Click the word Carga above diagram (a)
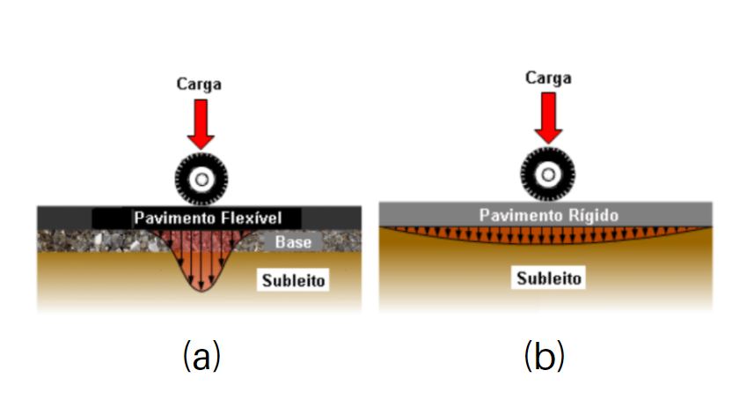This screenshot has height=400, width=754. coord(200,85)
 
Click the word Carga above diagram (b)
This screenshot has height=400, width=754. coord(547,78)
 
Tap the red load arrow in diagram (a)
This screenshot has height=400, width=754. coord(201,122)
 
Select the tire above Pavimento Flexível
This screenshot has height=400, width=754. coord(201,180)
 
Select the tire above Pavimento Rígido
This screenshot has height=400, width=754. coord(547,173)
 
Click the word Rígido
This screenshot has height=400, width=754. coord(593,214)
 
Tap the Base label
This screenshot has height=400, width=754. coord(291,241)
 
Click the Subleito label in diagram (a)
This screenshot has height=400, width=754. coord(294,281)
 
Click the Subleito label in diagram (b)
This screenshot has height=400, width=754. coord(548,278)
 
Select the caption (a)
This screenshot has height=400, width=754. coord(201,356)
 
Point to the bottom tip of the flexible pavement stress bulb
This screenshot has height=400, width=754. coord(201,290)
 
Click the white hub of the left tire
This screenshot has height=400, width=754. coord(201,180)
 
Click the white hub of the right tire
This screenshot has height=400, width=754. coord(547,173)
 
